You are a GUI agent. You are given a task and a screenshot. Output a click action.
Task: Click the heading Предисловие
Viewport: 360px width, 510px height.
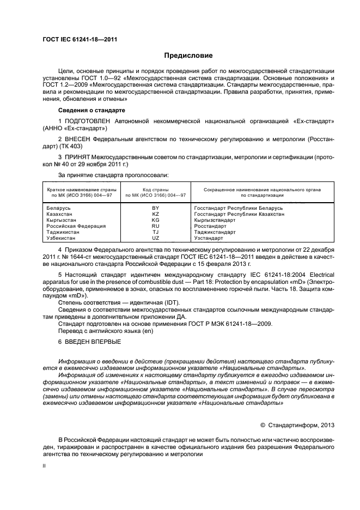click(x=188, y=56)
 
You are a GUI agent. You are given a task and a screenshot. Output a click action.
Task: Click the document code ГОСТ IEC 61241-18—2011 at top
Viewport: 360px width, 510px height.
click(x=80, y=39)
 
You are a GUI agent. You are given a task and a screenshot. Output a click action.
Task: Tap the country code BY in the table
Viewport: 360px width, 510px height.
click(x=156, y=208)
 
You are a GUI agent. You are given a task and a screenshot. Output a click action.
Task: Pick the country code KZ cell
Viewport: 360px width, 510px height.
click(x=156, y=214)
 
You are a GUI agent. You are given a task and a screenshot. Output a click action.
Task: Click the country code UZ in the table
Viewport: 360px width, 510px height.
click(x=156, y=238)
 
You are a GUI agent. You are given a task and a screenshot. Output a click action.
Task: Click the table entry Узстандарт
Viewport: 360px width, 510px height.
click(x=209, y=238)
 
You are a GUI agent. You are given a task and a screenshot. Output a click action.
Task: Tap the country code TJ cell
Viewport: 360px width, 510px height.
click(x=156, y=232)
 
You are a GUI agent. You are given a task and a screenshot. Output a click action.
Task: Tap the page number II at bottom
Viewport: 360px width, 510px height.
click(x=45, y=466)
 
